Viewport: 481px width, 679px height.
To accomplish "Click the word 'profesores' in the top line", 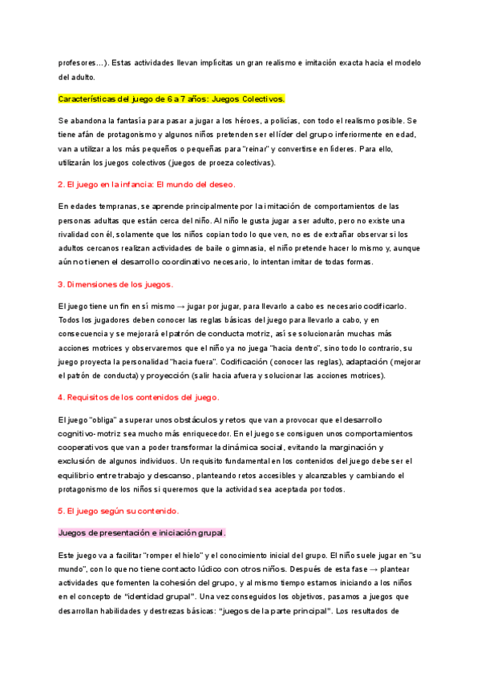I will point(76,62).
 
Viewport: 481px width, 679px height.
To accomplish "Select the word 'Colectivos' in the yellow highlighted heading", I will point(260,99).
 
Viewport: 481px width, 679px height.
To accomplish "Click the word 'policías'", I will point(311,120).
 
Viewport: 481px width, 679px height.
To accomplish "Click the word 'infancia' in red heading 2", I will point(152,185).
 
